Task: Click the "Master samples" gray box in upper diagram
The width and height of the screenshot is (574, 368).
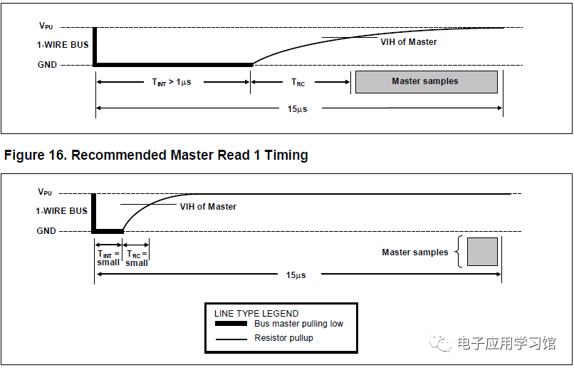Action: coord(426,81)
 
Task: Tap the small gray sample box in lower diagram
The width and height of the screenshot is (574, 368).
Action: coord(482,252)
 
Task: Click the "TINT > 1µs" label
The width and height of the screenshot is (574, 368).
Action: coord(171,82)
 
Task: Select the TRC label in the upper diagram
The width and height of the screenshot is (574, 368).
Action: coord(298,83)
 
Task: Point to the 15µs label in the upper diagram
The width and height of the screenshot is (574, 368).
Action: coord(298,108)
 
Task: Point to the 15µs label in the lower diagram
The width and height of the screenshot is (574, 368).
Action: coord(296,275)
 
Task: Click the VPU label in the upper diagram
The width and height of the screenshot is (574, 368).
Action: coord(46,26)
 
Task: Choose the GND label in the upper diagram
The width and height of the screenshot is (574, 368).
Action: coord(47,65)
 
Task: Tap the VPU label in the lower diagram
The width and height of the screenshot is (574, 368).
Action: coord(46,192)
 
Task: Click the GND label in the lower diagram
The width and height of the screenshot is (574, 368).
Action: coord(47,231)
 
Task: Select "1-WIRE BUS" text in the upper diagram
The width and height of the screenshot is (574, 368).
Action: coord(63,45)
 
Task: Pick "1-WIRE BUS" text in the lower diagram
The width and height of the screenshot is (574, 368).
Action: coord(62,211)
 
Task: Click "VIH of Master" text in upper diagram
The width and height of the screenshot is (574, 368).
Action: coord(408,42)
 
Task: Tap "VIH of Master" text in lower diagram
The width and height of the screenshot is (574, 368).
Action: coord(207,207)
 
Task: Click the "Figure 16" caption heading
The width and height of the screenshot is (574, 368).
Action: coord(156,155)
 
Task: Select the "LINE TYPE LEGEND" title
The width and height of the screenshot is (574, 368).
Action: coord(256,313)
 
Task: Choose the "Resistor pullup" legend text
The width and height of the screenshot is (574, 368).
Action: coord(283,338)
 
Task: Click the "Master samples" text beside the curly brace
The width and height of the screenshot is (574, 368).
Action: coord(415,252)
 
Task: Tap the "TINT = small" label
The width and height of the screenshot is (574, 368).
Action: coord(108,257)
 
